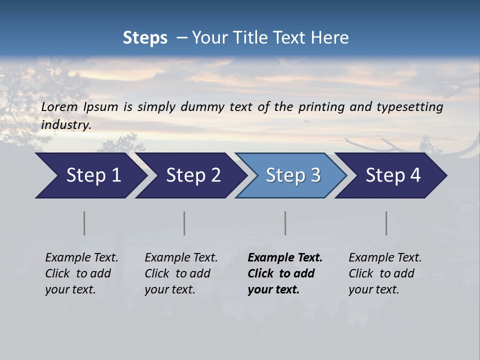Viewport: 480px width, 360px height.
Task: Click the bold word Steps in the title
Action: coord(145,38)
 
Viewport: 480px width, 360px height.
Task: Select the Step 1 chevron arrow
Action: coord(90,175)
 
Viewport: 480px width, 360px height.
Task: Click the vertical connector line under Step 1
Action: coord(84,223)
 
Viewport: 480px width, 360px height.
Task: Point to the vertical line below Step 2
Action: coord(184,223)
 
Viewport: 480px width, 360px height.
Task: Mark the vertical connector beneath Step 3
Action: coord(285,223)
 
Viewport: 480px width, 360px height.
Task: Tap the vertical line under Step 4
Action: coord(386,223)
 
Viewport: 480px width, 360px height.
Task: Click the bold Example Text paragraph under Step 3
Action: coord(285,273)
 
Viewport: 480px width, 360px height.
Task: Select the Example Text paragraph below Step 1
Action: coord(81,273)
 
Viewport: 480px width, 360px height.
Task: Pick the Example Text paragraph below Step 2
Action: coord(181,273)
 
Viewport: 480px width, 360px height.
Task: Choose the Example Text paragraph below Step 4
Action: coord(385,273)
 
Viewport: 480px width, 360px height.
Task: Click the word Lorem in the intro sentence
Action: coord(59,107)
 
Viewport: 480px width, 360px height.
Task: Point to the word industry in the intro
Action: coord(66,125)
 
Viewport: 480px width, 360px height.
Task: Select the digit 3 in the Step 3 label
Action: coord(315,175)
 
